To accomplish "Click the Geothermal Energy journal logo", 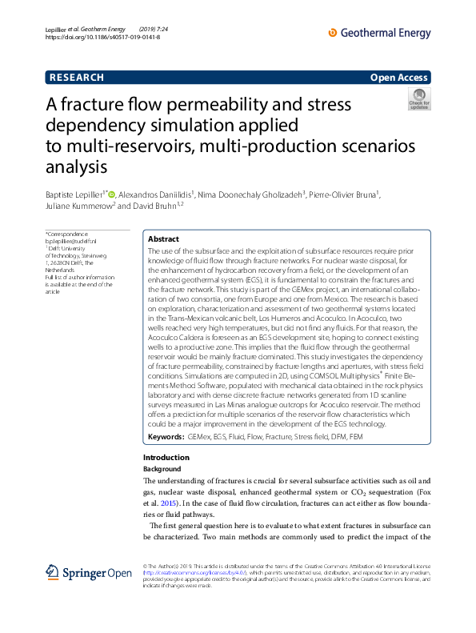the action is click(x=380, y=33).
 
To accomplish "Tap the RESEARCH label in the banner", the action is click(x=77, y=78).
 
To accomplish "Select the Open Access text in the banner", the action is click(x=400, y=78).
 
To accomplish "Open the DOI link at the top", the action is click(x=102, y=38).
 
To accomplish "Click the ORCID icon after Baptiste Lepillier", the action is click(x=113, y=193).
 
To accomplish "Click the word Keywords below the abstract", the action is click(x=166, y=438).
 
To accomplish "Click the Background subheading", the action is click(x=162, y=468).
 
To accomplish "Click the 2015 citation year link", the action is click(x=166, y=503).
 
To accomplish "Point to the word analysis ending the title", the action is click(x=77, y=167).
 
